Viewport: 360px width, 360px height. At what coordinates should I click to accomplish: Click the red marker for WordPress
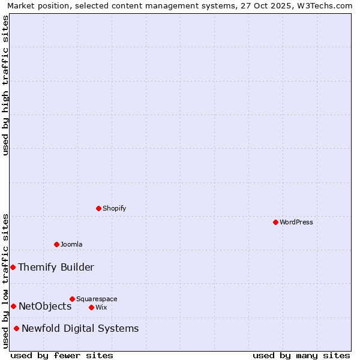tap(275, 222)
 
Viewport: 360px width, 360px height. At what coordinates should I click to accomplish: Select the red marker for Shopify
tap(99, 208)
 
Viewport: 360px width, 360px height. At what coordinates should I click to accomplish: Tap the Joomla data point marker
tap(57, 244)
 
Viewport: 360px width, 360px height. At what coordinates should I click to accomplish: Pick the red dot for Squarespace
tap(73, 299)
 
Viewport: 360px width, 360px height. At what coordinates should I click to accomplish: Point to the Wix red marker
tap(92, 307)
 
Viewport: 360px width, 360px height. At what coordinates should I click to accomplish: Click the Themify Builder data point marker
tap(13, 267)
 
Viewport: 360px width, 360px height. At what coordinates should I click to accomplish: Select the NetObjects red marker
tap(13, 306)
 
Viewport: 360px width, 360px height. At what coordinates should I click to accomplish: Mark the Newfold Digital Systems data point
tap(16, 328)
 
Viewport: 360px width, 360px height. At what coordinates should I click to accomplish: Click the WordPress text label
tap(296, 222)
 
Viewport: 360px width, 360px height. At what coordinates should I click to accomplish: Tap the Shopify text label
tap(115, 208)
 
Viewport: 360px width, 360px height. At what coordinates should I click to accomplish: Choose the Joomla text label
tap(71, 244)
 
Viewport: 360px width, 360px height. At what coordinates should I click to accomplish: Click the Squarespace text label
tap(97, 299)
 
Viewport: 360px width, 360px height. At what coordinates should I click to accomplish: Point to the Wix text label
tap(101, 307)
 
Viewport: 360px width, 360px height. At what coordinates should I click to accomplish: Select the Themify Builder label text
tap(56, 267)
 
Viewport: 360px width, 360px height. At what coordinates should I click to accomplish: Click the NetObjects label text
tap(45, 306)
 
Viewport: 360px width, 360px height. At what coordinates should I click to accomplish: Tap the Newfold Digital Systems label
tap(80, 328)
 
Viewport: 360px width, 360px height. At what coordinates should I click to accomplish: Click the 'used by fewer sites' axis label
tap(62, 355)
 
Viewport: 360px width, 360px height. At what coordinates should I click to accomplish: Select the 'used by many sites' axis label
tap(301, 355)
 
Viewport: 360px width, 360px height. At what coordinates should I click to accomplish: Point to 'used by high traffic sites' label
tap(5, 85)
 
